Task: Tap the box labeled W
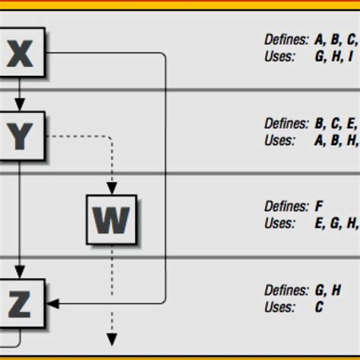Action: click(111, 219)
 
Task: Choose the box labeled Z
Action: click(21, 303)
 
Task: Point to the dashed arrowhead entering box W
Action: click(112, 188)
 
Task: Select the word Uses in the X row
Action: click(279, 57)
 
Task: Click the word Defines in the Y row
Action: click(286, 123)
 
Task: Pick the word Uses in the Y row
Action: click(279, 140)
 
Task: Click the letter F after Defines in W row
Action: click(318, 206)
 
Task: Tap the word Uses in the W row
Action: click(279, 223)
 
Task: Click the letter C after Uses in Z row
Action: click(319, 307)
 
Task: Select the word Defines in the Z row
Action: click(286, 289)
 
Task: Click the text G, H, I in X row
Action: click(334, 57)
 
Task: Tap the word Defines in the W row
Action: click(286, 206)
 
